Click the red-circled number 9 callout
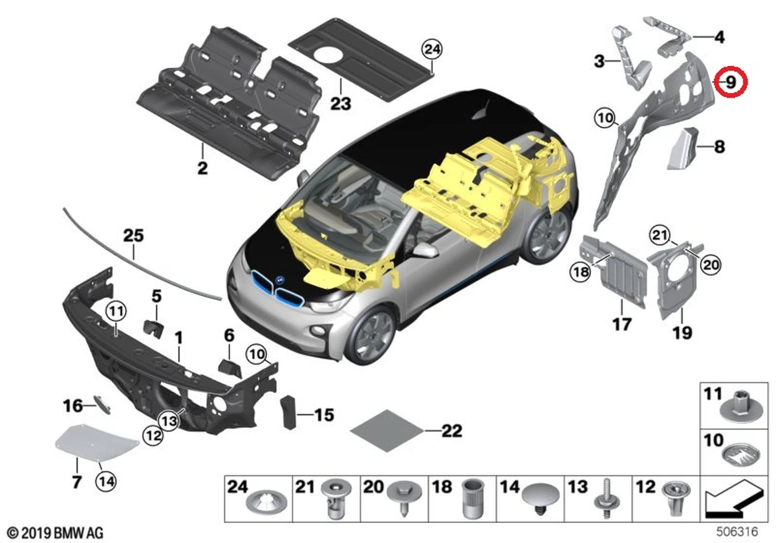[731, 82]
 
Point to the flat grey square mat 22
[387, 429]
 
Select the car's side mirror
[425, 250]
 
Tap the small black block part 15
[287, 412]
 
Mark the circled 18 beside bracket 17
[580, 273]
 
